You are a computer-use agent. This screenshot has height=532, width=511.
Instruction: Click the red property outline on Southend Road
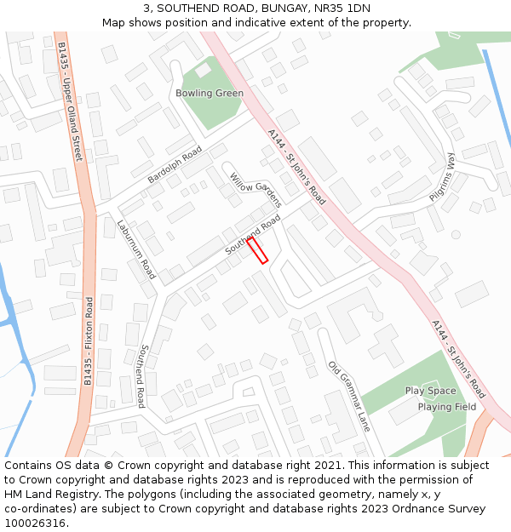tap(257, 250)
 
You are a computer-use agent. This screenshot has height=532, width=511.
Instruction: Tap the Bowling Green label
tap(210, 93)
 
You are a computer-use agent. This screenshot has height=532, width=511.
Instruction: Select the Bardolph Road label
tap(175, 165)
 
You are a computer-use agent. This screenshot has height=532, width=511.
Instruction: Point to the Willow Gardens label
tap(255, 190)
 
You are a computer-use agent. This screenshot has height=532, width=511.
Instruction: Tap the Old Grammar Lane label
tap(349, 396)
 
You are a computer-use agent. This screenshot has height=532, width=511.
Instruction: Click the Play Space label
tap(430, 391)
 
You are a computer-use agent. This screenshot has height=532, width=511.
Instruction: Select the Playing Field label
tap(447, 407)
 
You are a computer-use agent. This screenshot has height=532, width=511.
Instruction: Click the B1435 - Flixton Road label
tap(88, 340)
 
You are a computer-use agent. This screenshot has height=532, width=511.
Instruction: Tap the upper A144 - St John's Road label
tap(296, 167)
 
